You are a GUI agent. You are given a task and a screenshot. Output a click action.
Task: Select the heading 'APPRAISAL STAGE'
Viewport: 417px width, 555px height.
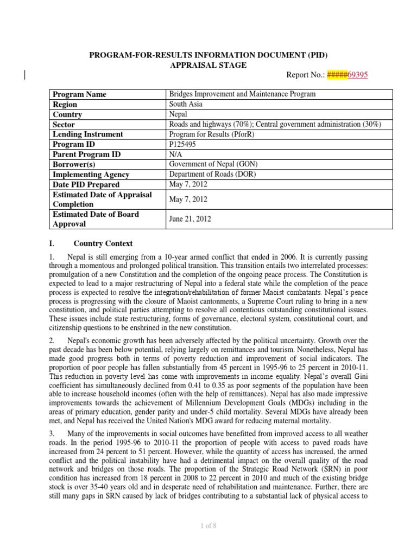[208, 65]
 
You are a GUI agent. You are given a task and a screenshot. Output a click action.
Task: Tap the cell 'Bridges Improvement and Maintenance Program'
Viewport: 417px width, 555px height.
[242, 94]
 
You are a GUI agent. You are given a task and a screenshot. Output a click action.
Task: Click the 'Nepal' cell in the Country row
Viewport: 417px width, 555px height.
[179, 114]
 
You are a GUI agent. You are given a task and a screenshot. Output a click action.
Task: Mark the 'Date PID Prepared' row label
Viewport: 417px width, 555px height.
[85, 185]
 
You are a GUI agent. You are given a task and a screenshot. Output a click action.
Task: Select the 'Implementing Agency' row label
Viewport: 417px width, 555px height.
[91, 175]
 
